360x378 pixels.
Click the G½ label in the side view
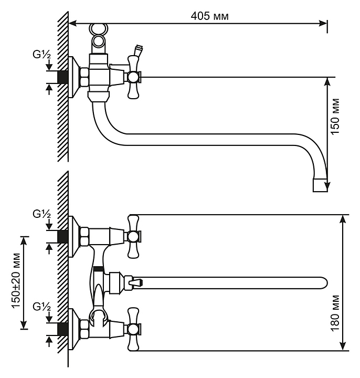pos(41,54)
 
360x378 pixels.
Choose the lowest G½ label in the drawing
pos(41,306)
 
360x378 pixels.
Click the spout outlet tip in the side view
pos(319,185)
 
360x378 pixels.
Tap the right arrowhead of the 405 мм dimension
pos(324,23)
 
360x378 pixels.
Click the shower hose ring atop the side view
pos(98,29)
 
